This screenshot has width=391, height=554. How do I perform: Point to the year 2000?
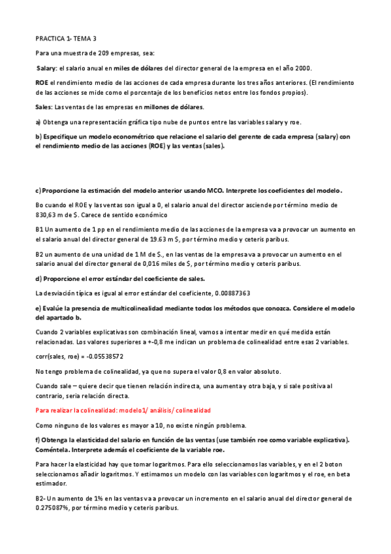[302, 68]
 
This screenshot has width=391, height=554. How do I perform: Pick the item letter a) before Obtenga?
[38, 122]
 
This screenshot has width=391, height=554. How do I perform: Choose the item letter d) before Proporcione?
[38, 279]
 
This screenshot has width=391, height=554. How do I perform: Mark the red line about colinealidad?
[123, 410]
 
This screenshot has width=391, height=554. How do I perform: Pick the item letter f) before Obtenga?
[38, 439]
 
